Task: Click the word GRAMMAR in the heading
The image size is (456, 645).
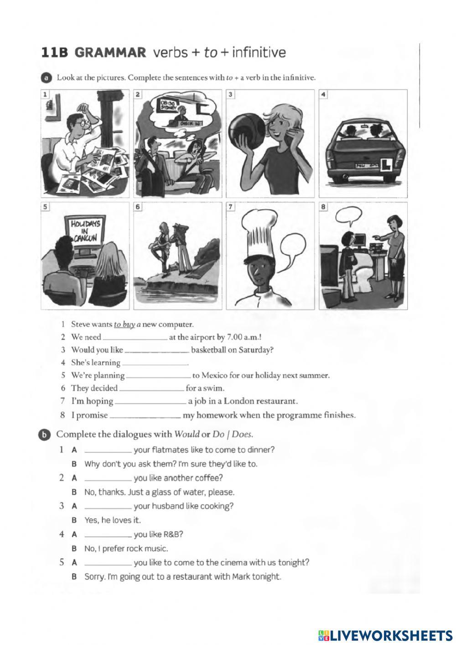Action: tap(110, 53)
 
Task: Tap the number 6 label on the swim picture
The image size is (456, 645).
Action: tap(138, 207)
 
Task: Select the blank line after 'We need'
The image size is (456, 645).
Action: tap(135, 338)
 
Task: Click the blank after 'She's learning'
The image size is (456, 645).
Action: tap(155, 363)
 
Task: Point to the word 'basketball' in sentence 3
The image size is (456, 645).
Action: tap(210, 350)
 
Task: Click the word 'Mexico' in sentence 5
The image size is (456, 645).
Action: tap(213, 376)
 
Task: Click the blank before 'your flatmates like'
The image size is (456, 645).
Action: tap(109, 450)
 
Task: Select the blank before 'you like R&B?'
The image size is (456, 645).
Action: tap(109, 535)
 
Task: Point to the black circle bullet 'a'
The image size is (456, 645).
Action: tap(46, 78)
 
